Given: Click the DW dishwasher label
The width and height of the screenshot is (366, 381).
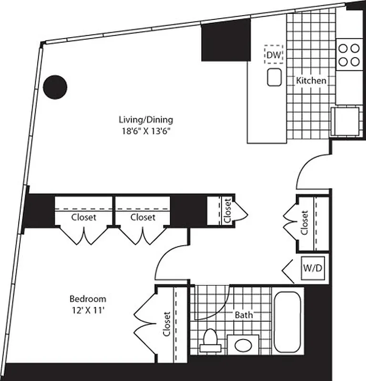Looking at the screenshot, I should pyautogui.click(x=274, y=55).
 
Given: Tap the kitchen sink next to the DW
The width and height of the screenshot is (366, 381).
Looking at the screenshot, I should pyautogui.click(x=274, y=77).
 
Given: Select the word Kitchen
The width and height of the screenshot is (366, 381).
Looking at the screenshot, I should pyautogui.click(x=312, y=80).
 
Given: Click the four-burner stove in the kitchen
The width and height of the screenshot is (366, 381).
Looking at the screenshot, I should pyautogui.click(x=348, y=55).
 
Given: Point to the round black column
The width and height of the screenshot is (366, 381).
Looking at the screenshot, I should pyautogui.click(x=55, y=87).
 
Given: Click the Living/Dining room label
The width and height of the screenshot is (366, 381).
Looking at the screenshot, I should pyautogui.click(x=146, y=120).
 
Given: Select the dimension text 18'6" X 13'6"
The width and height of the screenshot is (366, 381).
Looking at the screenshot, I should pyautogui.click(x=145, y=131).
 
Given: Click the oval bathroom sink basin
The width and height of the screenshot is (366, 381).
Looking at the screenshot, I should pyautogui.click(x=243, y=344).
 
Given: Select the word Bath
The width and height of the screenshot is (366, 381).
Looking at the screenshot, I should pyautogui.click(x=244, y=315).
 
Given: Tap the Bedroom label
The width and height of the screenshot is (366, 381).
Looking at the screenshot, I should pyautogui.click(x=88, y=299).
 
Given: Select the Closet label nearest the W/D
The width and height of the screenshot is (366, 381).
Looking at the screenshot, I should pyautogui.click(x=305, y=223).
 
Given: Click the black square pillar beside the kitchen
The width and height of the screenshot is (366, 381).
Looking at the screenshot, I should pyautogui.click(x=226, y=42).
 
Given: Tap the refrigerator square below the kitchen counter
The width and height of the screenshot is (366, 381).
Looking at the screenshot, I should pyautogui.click(x=345, y=121).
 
